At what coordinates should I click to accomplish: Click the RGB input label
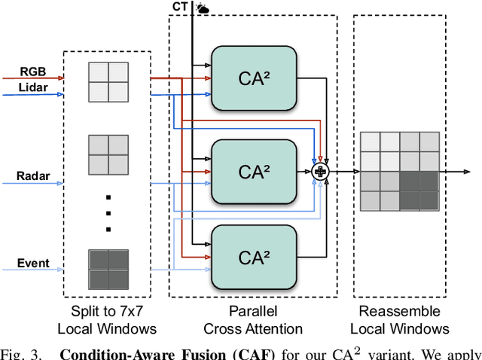pyautogui.click(x=33, y=72)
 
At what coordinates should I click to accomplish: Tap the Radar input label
pyautogui.click(x=33, y=176)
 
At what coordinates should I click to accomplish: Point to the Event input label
pyautogui.click(x=33, y=263)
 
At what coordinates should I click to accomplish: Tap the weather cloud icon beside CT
pyautogui.click(x=203, y=8)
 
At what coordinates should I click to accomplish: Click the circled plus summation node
pyautogui.click(x=321, y=172)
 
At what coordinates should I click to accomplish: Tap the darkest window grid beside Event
pyautogui.click(x=108, y=270)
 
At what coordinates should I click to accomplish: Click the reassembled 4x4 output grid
pyautogui.click(x=398, y=172)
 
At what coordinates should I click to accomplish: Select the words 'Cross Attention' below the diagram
pyautogui.click(x=253, y=328)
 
